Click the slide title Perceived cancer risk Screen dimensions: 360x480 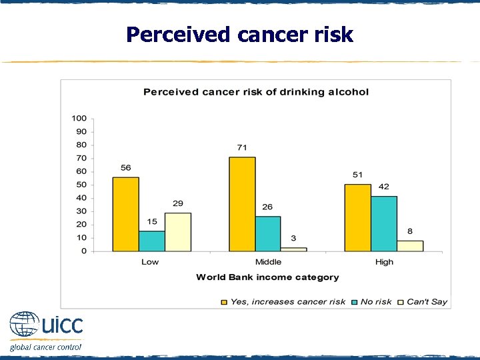click(239, 34)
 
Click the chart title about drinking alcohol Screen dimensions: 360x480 click(256, 91)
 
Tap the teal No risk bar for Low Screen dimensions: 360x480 click(152, 241)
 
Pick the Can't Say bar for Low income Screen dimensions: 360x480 click(178, 232)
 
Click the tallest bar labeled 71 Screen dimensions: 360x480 click(242, 204)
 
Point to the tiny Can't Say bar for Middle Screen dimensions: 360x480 click(294, 249)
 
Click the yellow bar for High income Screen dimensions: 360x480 click(357, 217)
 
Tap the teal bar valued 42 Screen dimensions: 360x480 click(384, 223)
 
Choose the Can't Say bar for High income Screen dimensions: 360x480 click(410, 245)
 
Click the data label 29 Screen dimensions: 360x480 click(178, 203)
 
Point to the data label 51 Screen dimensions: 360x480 click(358, 175)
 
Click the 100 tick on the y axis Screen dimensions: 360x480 click(79, 118)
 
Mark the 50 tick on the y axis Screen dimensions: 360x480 click(81, 185)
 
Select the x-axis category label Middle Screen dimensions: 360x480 click(268, 262)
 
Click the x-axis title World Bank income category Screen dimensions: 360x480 click(267, 277)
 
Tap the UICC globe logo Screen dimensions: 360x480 click(25, 326)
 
